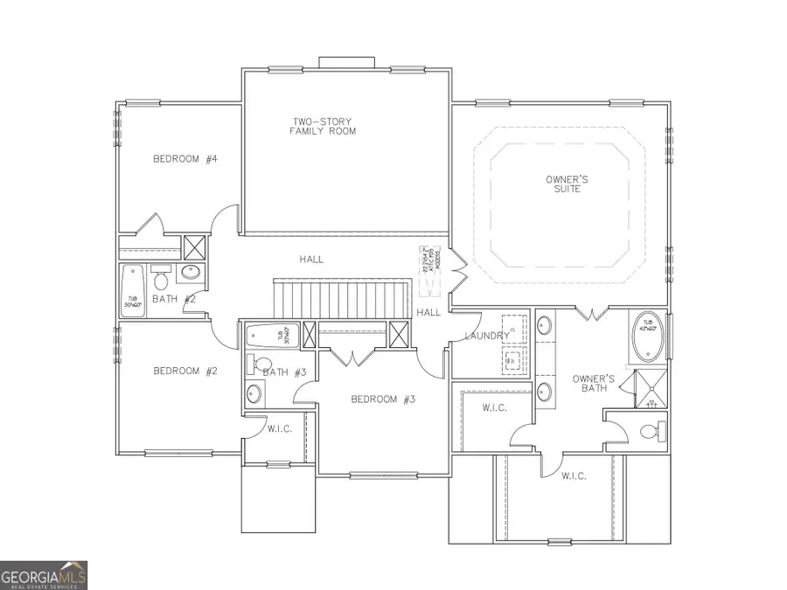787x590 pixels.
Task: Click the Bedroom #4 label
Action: point(185,159)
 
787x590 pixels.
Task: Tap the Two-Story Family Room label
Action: point(323,126)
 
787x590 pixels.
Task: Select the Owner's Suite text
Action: point(567,184)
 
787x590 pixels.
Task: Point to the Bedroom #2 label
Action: point(185,371)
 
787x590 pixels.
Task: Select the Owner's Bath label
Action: point(594,384)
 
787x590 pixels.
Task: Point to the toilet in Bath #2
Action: point(161,279)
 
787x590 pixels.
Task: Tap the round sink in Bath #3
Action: point(254,392)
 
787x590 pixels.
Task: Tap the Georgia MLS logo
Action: point(44,575)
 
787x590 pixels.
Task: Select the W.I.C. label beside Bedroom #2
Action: point(280,429)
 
